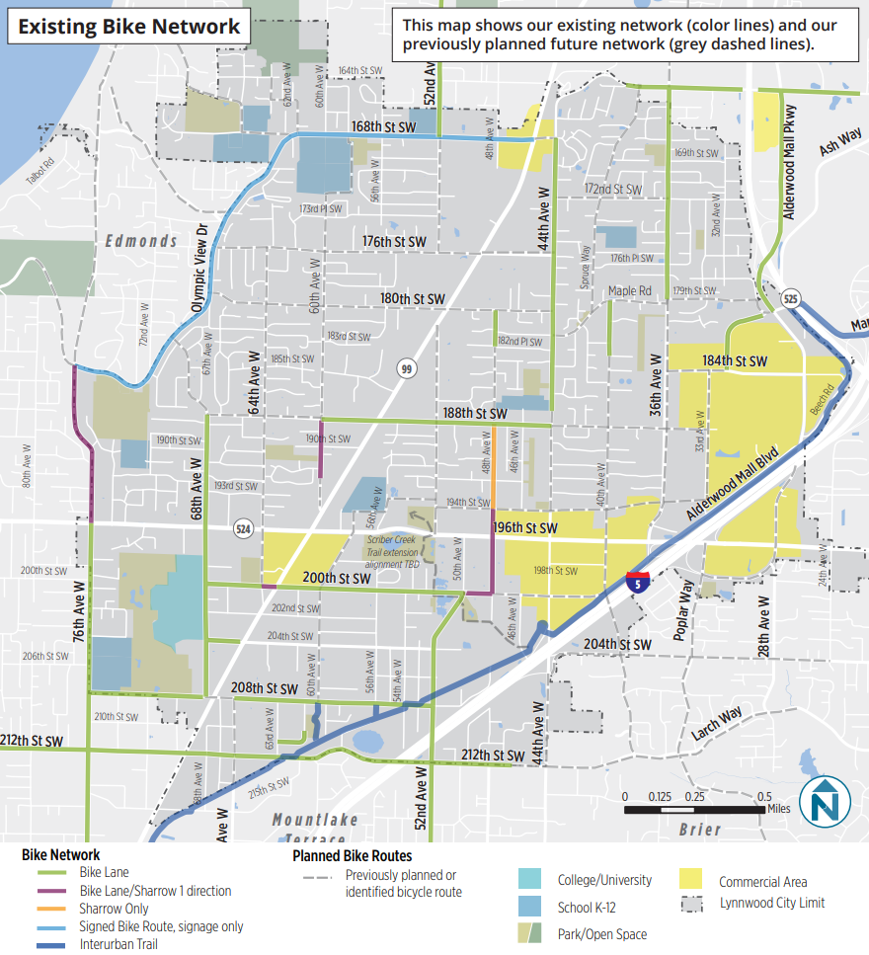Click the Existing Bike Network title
[129, 26]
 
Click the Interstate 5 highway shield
[636, 581]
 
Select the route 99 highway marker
[405, 368]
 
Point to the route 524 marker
[242, 529]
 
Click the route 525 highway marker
[792, 297]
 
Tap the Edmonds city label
[141, 241]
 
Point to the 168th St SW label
[383, 127]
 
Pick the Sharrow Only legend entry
[114, 909]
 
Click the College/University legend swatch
[530, 879]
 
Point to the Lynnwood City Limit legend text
[771, 903]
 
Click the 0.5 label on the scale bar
[763, 797]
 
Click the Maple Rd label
[630, 291]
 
